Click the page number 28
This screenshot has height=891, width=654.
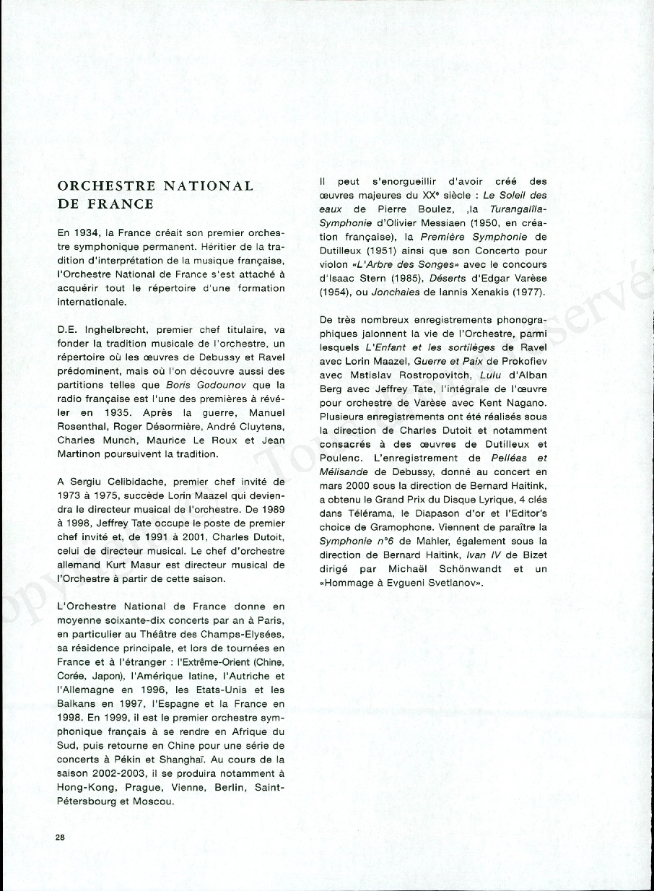tap(61, 837)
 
